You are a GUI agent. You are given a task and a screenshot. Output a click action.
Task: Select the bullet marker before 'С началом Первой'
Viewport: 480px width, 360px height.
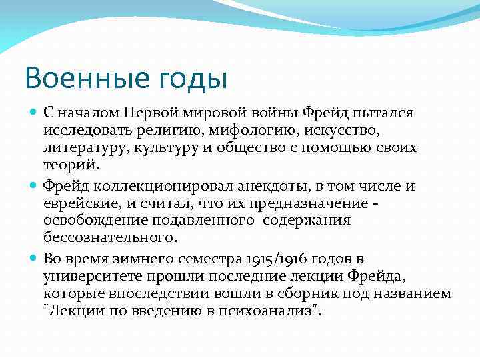click(x=35, y=112)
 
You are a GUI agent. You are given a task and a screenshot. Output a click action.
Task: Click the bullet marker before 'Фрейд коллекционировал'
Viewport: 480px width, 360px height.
click(x=35, y=185)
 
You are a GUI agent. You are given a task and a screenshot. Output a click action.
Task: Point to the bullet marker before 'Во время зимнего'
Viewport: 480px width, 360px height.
click(x=35, y=257)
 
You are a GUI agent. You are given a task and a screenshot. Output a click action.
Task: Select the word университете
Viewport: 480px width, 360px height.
click(x=87, y=275)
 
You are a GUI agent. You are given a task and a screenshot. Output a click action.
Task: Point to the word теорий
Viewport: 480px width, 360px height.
click(x=71, y=165)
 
